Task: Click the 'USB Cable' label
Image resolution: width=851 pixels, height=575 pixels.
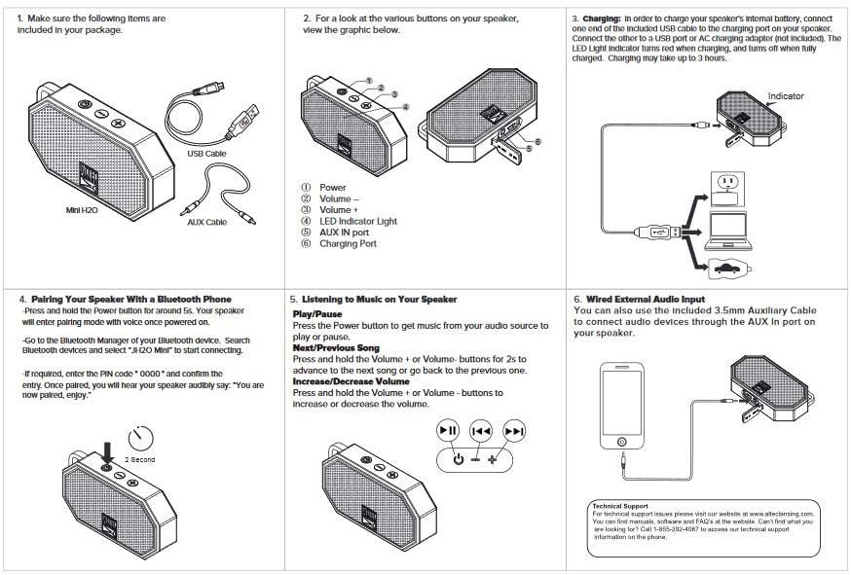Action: click(206, 154)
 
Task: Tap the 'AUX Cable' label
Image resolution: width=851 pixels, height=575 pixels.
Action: click(206, 222)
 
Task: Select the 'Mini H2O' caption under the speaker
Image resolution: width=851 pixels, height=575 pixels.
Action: click(82, 210)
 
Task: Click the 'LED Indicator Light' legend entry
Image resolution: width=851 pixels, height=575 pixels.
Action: click(358, 221)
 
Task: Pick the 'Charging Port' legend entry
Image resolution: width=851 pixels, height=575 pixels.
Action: click(348, 243)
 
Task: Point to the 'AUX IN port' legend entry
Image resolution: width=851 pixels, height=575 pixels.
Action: click(344, 233)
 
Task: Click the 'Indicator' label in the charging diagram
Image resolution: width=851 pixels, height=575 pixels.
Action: click(786, 96)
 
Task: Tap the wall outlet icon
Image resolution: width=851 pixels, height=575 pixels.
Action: click(727, 189)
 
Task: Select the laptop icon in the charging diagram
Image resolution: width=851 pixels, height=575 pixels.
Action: click(728, 232)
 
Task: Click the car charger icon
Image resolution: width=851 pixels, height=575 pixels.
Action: click(730, 269)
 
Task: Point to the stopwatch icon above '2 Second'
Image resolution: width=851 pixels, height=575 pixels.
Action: click(141, 438)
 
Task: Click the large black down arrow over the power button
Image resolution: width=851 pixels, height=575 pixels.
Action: click(107, 451)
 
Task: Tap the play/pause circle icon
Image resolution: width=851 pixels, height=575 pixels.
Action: click(448, 431)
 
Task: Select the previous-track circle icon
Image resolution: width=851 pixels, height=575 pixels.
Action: click(481, 431)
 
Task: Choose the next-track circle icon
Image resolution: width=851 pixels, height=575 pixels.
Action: click(513, 431)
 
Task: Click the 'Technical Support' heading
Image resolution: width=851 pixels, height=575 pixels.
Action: click(620, 506)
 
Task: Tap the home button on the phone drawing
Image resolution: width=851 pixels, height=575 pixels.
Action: click(622, 442)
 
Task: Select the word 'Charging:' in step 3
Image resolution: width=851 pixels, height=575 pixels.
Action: click(602, 18)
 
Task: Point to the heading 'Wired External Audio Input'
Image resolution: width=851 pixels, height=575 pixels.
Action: click(646, 299)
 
